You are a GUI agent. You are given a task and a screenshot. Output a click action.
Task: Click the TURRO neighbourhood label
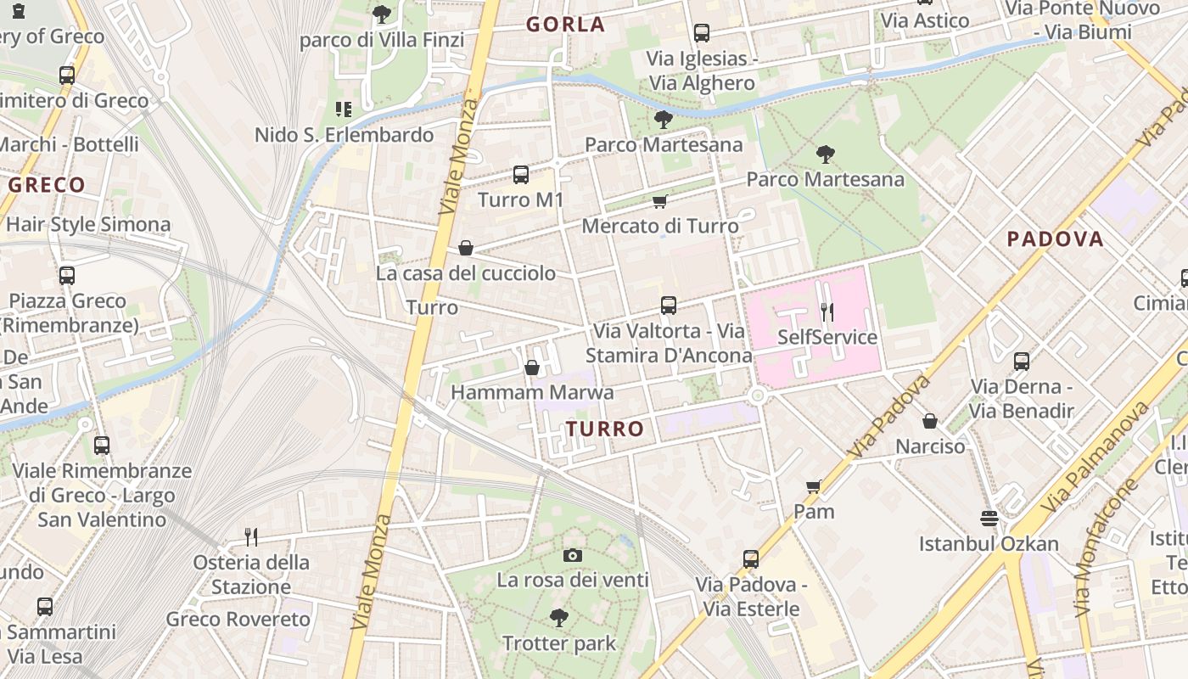(605, 429)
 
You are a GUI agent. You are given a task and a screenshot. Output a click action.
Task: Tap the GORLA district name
(565, 25)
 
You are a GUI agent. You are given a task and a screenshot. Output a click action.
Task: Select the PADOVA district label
(1055, 239)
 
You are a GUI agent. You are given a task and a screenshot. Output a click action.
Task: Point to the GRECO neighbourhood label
(47, 185)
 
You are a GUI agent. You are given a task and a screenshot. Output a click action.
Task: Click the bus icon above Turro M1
(521, 175)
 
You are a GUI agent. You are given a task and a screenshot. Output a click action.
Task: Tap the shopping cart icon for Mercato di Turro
(659, 201)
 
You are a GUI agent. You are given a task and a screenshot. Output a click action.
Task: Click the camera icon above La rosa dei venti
(573, 555)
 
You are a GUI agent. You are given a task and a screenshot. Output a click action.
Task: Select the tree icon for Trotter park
(558, 617)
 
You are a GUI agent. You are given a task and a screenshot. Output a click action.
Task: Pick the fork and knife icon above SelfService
(827, 311)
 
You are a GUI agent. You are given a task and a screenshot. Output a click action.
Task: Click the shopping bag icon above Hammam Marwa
(532, 368)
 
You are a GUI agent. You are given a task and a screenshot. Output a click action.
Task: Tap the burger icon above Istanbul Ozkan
(989, 518)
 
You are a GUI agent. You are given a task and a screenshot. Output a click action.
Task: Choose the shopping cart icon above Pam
(813, 486)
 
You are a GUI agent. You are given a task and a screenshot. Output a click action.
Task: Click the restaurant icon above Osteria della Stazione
(250, 536)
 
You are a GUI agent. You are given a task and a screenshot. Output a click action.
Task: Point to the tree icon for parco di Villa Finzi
(382, 14)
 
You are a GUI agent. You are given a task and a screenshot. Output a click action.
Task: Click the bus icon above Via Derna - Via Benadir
(1022, 362)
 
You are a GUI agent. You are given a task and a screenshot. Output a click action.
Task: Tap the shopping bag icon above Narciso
(930, 421)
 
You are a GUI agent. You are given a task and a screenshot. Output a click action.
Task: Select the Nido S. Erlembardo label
(344, 135)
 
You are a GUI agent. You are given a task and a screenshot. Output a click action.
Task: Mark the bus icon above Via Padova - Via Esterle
(751, 559)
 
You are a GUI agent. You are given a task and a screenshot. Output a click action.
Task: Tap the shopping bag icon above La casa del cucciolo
(465, 248)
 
